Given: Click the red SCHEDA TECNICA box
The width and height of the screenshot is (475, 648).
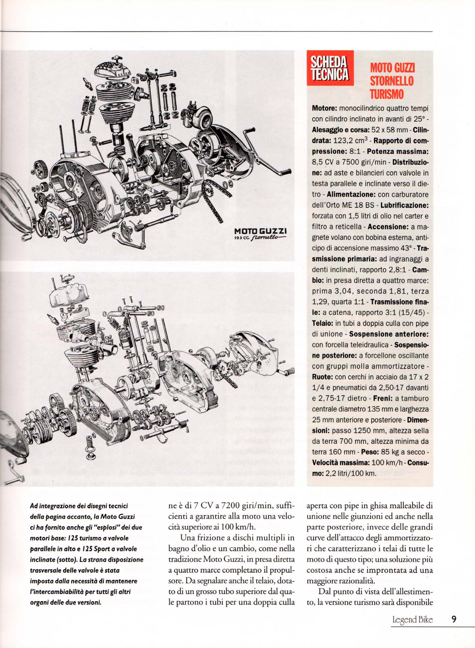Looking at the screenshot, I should tap(330, 68).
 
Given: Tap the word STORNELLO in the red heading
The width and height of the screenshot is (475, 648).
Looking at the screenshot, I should tap(392, 81).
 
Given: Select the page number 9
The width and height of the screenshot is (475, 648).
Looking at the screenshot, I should tap(454, 619).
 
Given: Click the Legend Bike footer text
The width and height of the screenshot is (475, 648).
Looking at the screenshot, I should tap(412, 620).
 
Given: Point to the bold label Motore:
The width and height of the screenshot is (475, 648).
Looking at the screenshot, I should tap(324, 109).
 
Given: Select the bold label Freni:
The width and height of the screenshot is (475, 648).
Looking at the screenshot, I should tap(383, 399).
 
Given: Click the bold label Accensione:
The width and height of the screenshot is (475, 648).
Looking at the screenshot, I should tap(388, 227).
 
